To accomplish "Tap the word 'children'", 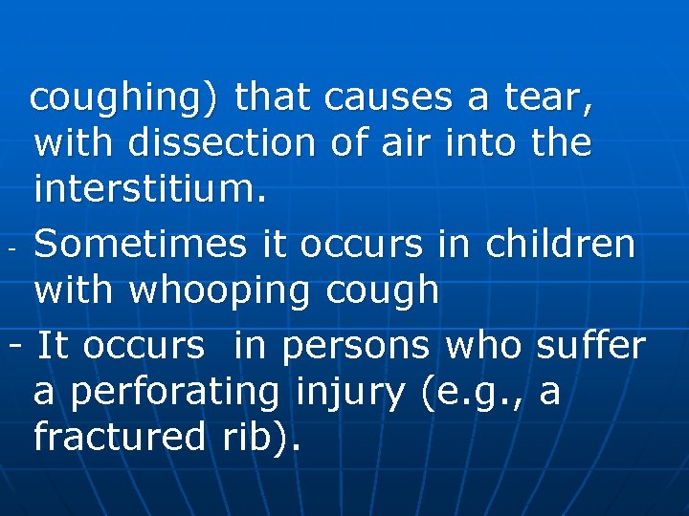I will click(561, 244).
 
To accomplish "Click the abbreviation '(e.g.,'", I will click(469, 392).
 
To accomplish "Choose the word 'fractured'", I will click(119, 438).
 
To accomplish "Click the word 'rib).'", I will click(258, 438).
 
